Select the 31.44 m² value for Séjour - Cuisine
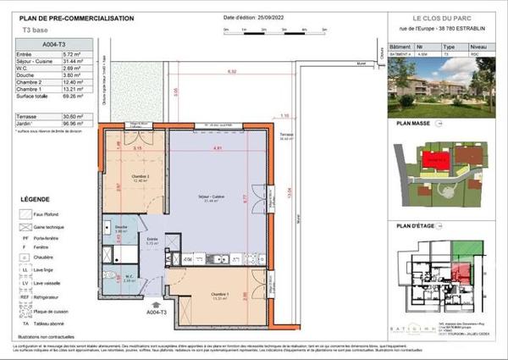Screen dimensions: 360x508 [79, 72]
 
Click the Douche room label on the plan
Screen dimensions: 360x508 [120, 227]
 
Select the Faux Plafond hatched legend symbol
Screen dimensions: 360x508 [25, 215]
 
